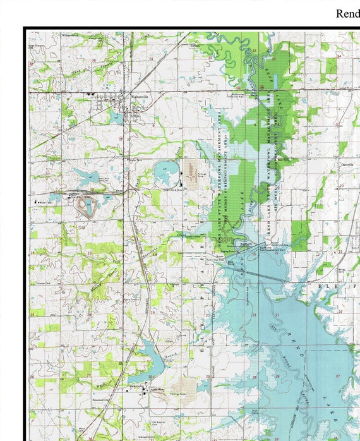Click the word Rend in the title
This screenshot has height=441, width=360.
[x=347, y=13]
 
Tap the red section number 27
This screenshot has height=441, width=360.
[x=337, y=376]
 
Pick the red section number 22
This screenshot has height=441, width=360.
[x=340, y=310]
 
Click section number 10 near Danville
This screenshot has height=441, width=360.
[x=341, y=186]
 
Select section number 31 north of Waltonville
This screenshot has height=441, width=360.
[x=151, y=59]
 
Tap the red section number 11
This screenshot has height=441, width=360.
[x=33, y=191]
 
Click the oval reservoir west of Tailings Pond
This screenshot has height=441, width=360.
[x=166, y=169]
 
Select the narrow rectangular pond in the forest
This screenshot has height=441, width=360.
[x=276, y=81]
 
